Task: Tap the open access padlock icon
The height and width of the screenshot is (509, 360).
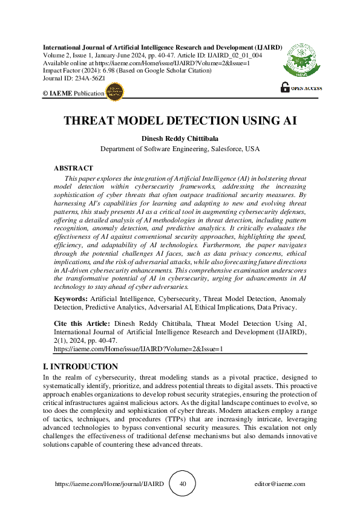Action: pyautogui.click(x=285, y=87)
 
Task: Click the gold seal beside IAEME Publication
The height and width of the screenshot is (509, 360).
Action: pyautogui.click(x=115, y=92)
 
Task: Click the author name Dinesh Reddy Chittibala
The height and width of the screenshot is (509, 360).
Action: pyautogui.click(x=180, y=138)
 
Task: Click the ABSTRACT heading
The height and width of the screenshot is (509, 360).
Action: pyautogui.click(x=73, y=168)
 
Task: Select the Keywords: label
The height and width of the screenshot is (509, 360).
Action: pyautogui.click(x=71, y=299)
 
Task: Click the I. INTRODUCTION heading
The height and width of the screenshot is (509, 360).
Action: pyautogui.click(x=80, y=367)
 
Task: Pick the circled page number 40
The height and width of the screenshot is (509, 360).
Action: pyautogui.click(x=183, y=484)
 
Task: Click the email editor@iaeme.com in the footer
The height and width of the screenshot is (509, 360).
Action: pyautogui.click(x=280, y=484)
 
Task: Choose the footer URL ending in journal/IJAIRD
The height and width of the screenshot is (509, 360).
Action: pyautogui.click(x=109, y=484)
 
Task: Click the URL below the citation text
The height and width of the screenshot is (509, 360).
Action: pyautogui.click(x=139, y=349)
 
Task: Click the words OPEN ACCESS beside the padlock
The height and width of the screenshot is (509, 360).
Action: pyautogui.click(x=306, y=88)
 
